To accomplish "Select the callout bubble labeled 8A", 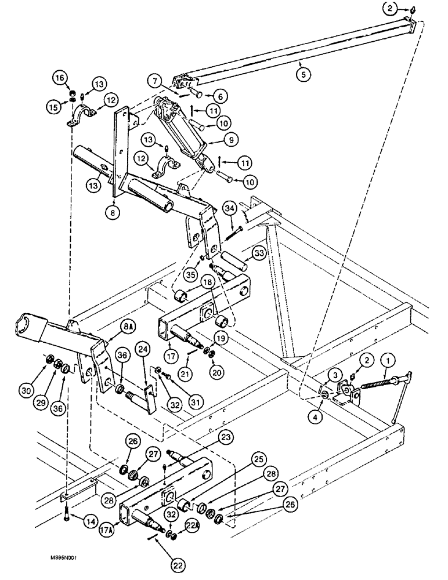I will [129, 327].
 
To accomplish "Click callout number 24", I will [143, 349].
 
